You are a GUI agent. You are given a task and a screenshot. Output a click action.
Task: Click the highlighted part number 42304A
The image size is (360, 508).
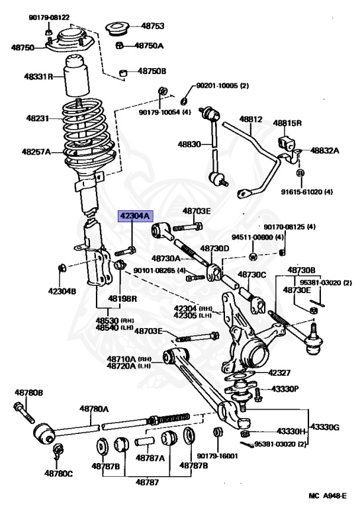coord(135,215)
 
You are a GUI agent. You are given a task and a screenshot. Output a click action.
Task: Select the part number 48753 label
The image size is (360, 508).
coord(152,26)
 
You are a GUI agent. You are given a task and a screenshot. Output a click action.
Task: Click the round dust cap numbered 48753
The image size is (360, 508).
coord(118,28)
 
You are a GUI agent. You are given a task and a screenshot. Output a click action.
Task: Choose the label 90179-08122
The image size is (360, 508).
coord(50,17)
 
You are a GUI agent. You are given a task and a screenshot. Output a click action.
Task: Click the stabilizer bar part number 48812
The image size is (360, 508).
coord(251,120)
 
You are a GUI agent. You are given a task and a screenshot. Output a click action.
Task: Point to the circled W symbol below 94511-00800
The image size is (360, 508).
coord(253,256)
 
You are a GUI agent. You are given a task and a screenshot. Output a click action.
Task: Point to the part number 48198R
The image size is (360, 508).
coord(124,298)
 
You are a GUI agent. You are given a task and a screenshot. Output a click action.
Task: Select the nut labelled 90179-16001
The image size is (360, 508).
coord(216,434)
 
